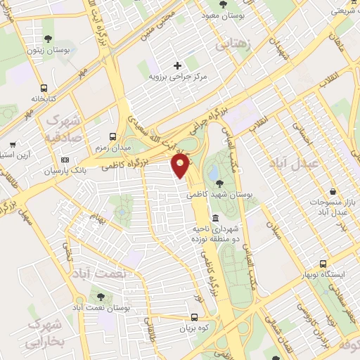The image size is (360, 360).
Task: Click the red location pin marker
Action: point(181,167)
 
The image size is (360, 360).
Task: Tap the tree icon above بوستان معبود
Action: point(222,4)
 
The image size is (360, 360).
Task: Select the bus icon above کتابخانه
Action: point(44,89)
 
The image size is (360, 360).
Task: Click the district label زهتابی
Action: point(234,44)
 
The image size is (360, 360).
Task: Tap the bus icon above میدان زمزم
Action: point(112,137)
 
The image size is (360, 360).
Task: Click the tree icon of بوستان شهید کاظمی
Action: point(210,184)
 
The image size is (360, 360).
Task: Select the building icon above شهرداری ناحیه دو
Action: point(214,218)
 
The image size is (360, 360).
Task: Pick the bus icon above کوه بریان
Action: point(194,318)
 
